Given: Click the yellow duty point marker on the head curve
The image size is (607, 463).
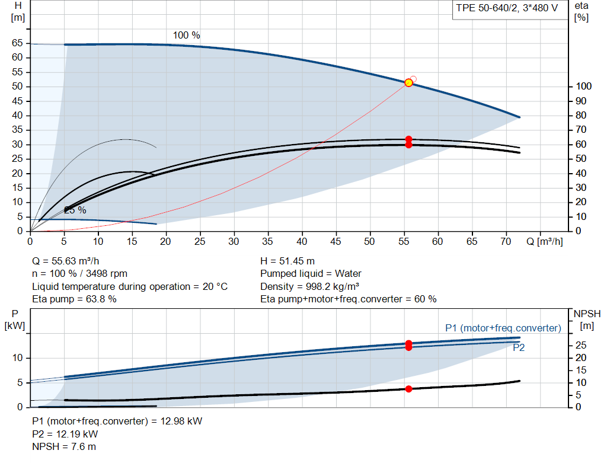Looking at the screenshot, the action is pos(408,83).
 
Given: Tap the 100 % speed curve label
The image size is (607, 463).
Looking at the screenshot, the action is pos(186,35).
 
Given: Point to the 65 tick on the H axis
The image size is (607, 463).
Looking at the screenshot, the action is pos(17,43).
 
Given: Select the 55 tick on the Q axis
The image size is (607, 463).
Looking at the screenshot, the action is pos(403,241).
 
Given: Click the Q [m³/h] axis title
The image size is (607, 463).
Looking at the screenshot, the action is pos(545,241).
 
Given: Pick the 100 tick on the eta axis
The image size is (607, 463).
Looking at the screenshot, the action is pos(583,87).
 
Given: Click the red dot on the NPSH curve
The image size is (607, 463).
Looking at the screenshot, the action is pos(408,389).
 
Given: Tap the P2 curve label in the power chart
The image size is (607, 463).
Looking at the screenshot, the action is pos(518,347).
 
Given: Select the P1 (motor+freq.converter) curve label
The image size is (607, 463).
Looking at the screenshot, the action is pos(503,328).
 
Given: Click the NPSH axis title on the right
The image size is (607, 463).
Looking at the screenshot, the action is pos(587,320).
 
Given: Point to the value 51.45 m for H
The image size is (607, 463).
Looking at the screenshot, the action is pos(297,261).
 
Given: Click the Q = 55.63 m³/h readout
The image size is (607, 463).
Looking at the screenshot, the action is pos(65,261).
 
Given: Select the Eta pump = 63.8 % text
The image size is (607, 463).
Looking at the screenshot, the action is pos(74,299).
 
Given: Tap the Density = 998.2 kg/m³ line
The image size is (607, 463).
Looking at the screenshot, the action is pos(309,286).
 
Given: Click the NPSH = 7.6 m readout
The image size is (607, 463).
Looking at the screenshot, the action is pos(64,447).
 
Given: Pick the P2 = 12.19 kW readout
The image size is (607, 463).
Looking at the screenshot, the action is pos(65,435).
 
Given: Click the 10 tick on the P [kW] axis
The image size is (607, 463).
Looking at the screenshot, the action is pos(17,357).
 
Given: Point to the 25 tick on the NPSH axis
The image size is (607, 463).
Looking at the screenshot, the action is pos(581,345).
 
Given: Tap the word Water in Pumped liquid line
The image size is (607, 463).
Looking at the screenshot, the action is pos(348,274).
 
